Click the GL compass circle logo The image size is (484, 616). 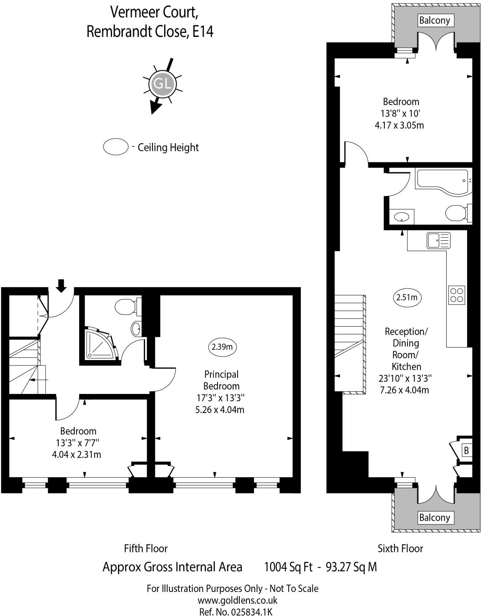click(162, 84)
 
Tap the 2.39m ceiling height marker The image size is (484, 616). click(222, 347)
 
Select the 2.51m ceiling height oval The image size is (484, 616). click(407, 297)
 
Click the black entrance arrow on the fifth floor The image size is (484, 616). click(61, 285)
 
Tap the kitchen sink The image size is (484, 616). click(438, 241)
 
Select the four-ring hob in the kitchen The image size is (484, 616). click(457, 295)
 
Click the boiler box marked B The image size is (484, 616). click(466, 450)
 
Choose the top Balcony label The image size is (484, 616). click(435, 20)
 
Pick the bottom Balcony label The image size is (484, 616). click(435, 518)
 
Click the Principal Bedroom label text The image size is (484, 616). click(221, 380)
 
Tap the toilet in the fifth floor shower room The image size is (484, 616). click(126, 307)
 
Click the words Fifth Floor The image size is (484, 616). click(145, 548)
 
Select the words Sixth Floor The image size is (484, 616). click(400, 548)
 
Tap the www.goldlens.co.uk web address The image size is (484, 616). click(231, 600)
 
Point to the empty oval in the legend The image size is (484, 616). click(116, 146)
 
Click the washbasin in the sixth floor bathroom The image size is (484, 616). click(402, 217)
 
